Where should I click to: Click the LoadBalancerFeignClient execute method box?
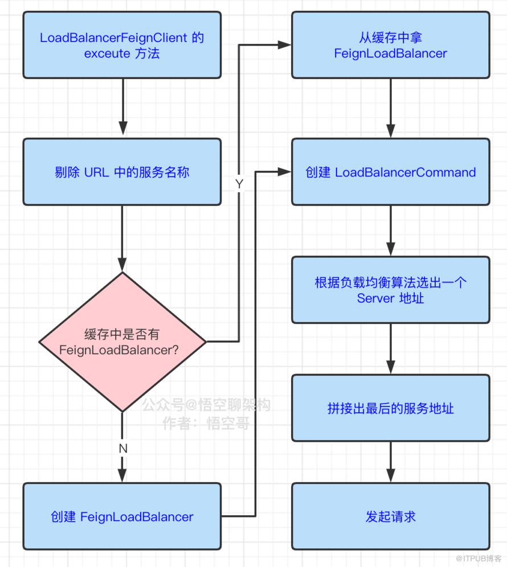pos(122,45)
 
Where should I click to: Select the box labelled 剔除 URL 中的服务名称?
pos(122,172)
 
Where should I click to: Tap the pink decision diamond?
pos(122,342)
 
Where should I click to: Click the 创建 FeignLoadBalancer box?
pos(122,516)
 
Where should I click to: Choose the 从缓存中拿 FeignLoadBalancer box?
pos(390,45)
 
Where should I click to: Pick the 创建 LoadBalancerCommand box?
pos(390,172)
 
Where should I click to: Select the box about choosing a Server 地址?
pos(390,290)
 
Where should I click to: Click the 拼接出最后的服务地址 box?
pos(390,408)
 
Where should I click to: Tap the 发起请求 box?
pos(390,516)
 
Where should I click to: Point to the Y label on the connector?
pos(239,184)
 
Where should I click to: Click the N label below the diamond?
pos(123,449)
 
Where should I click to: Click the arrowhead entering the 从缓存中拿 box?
pos(284,45)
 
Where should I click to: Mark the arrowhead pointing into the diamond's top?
pos(122,265)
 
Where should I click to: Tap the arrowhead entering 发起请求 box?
pos(390,475)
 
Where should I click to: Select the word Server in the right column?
pos(375,298)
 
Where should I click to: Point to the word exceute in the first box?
pos(107,54)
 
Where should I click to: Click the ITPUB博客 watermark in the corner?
pos(479,558)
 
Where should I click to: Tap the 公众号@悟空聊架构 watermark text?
pos(206,405)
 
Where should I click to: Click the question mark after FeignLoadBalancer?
pos(175,350)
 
